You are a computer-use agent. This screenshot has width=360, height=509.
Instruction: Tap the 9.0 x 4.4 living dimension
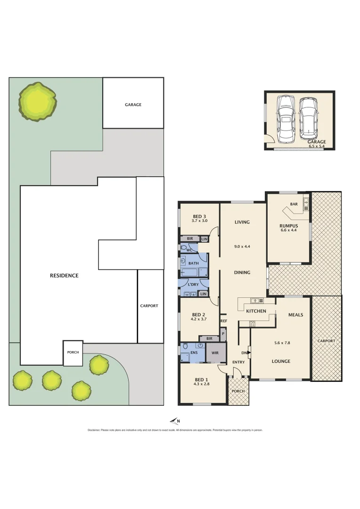pos(242,246)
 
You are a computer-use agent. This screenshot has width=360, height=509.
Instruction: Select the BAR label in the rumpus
pos(294,204)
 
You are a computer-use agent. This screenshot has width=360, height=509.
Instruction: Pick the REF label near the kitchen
pos(224,321)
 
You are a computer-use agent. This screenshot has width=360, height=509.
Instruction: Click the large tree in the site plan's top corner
pos(37,101)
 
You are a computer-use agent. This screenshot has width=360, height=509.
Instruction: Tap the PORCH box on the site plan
pos(73,353)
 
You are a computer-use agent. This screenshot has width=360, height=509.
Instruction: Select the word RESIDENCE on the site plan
pos(64,276)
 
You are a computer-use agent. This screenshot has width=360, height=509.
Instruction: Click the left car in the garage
pos(286,119)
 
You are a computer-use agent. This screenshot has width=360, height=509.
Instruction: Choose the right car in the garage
pos(308,119)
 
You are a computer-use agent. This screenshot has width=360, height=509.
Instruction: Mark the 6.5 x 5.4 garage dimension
pos(317,147)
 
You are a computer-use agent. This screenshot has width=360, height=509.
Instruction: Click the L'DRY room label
pos(193,285)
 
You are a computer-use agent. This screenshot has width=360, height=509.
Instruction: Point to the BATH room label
pos(193,263)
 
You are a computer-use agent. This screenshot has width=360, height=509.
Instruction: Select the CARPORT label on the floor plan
pos(327,341)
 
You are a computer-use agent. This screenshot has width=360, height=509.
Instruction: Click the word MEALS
pos(295,315)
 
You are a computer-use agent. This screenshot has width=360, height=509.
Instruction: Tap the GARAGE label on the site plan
pos(133,105)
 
